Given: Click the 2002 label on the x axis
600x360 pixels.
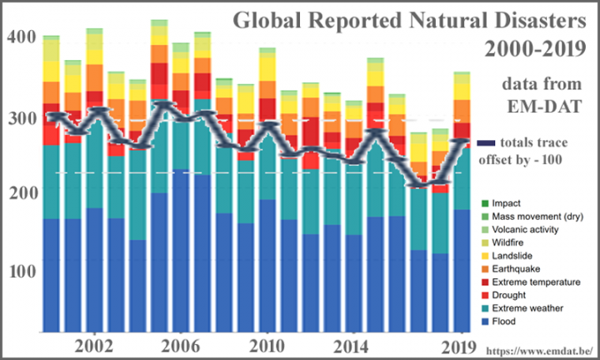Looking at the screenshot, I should [x=93, y=345].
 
